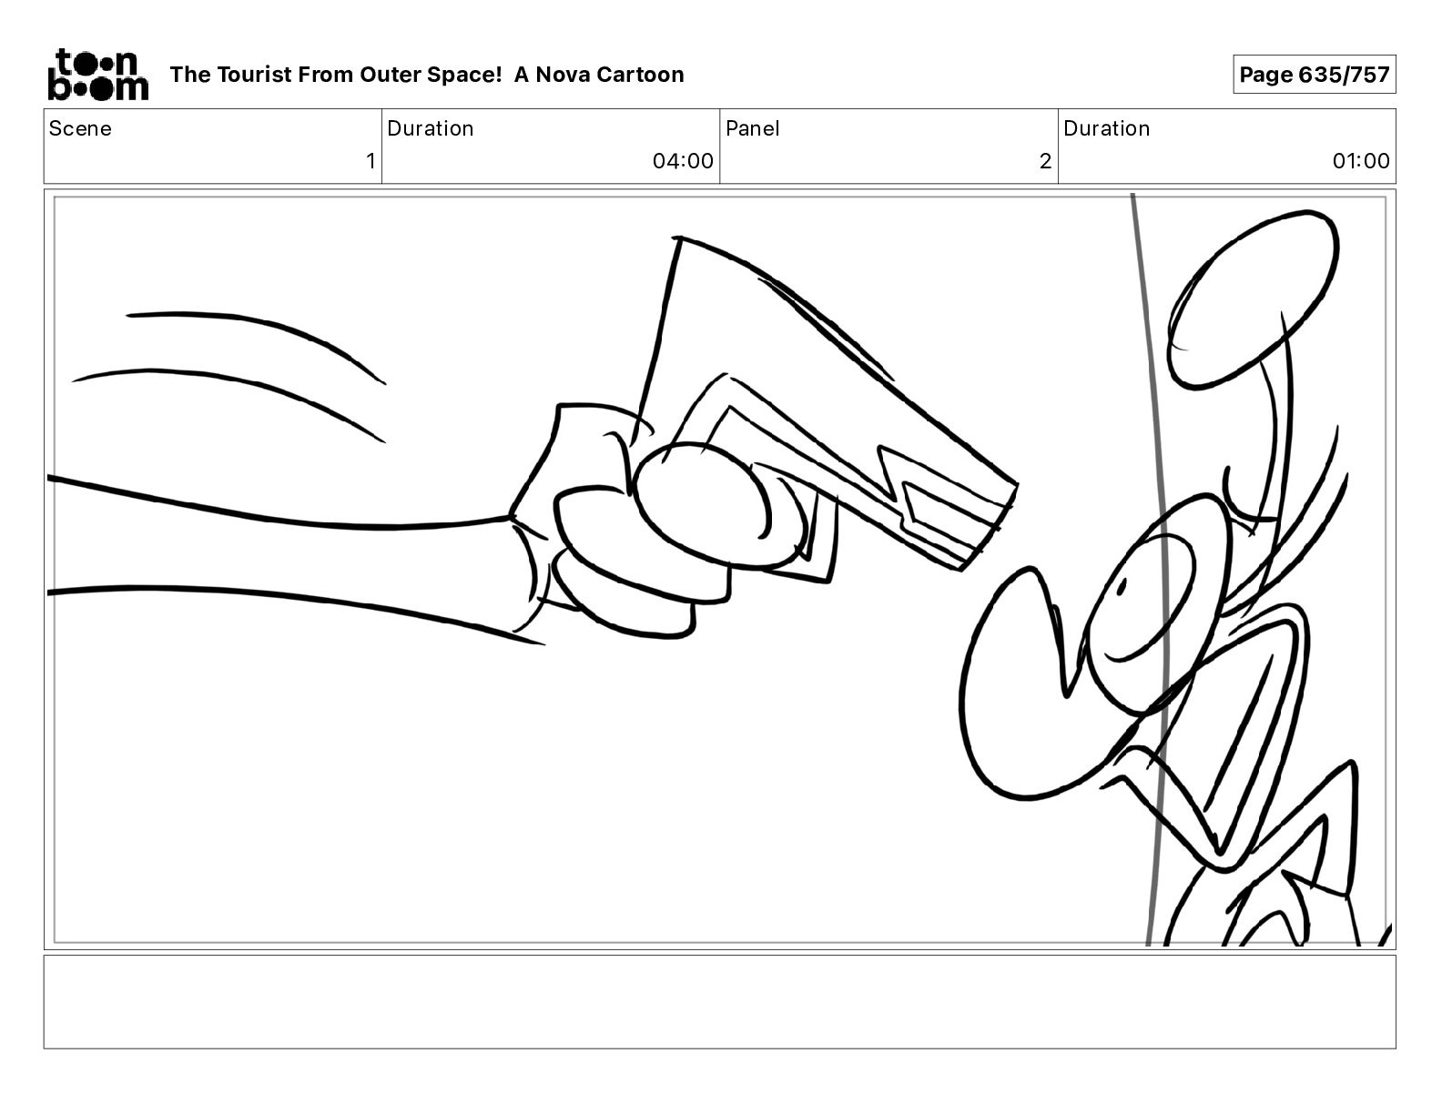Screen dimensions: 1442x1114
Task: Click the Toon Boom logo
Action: coord(98,75)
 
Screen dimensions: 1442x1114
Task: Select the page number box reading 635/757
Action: coord(1314,75)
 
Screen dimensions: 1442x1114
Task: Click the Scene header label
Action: coord(80,128)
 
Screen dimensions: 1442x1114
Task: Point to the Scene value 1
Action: coord(371,160)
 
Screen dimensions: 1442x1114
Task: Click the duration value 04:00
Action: coord(683,160)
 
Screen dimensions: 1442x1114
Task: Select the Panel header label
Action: coord(753,128)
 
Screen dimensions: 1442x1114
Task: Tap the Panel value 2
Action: coord(1045,160)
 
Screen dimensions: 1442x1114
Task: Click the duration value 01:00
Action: coord(1361,160)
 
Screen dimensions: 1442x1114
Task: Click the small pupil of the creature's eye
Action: coord(1122,586)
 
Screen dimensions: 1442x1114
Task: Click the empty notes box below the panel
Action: coord(720,1002)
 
